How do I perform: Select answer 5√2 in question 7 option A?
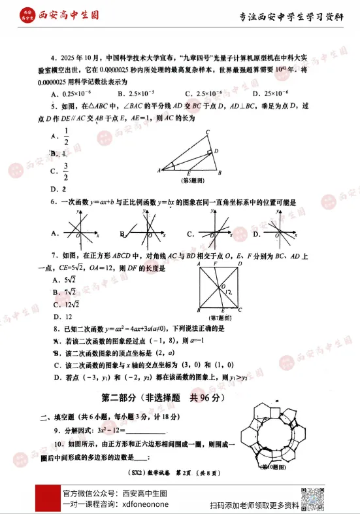(73, 281)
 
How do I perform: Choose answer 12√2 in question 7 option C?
(74, 304)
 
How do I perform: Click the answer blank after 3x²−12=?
(145, 430)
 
